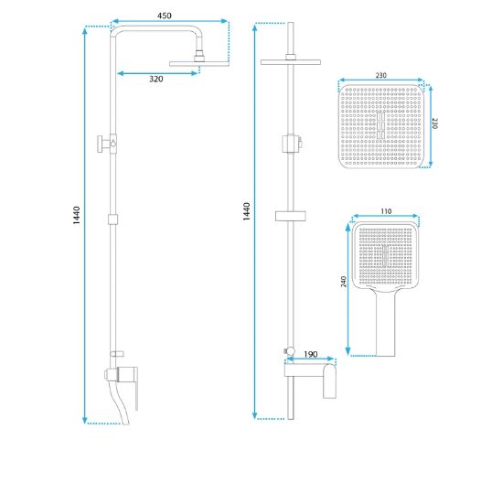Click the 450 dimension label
(x=165, y=16)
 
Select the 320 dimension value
(x=156, y=79)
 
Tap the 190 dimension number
(x=310, y=355)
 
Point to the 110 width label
(x=386, y=211)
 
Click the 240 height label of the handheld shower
(x=344, y=282)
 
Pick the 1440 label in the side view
(x=76, y=215)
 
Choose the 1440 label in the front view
(x=247, y=211)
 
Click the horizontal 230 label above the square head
(x=380, y=75)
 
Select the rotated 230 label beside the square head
(x=434, y=123)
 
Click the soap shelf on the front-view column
(x=291, y=216)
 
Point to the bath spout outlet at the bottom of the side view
(x=126, y=423)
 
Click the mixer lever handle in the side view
(x=136, y=389)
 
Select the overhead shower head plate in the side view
(x=199, y=64)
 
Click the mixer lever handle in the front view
(x=329, y=381)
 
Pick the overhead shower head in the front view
(x=291, y=62)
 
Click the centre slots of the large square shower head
(x=380, y=125)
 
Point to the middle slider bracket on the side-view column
(x=112, y=220)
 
